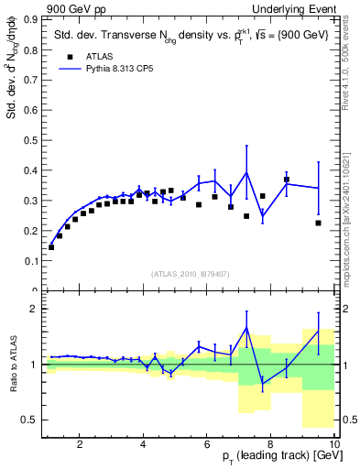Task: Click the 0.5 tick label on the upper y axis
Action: (30, 140)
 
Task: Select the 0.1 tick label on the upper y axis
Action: (30, 261)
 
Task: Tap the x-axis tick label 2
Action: (80, 444)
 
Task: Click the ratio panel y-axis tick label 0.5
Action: (27, 420)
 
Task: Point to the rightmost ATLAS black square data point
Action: (318, 223)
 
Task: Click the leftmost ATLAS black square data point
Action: (51, 247)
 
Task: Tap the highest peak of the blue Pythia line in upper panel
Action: (246, 172)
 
